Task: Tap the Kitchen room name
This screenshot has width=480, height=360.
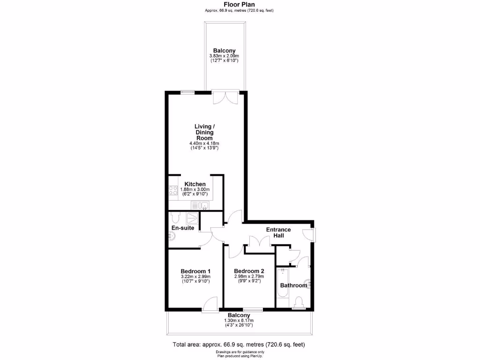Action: click(195, 184)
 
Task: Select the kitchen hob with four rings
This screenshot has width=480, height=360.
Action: click(172, 191)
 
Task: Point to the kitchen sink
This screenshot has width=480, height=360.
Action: click(204, 205)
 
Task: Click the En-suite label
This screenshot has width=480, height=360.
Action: click(183, 228)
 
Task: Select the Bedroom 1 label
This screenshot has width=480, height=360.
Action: click(195, 271)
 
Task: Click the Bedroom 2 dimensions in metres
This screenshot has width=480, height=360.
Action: click(249, 277)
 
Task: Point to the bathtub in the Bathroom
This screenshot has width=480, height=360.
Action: click(283, 284)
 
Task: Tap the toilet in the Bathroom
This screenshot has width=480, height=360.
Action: click(299, 302)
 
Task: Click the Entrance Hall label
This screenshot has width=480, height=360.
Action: click(278, 232)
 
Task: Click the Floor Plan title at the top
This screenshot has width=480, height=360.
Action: click(240, 5)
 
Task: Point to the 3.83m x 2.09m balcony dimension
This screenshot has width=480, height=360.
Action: click(224, 57)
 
